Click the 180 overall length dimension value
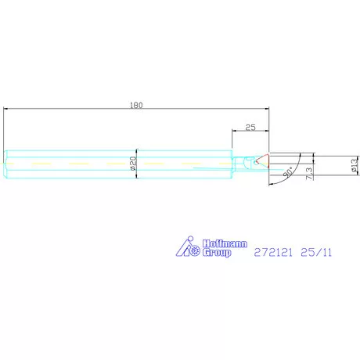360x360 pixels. [x=136, y=105]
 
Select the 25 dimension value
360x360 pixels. [x=250, y=128]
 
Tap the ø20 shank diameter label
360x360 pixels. [x=133, y=164]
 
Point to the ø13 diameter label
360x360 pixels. [x=355, y=165]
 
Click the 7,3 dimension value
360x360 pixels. [x=309, y=173]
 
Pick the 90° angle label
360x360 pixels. [x=288, y=171]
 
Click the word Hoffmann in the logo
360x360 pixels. [x=225, y=244]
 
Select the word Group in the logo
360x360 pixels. [x=217, y=253]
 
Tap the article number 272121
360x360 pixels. [x=273, y=253]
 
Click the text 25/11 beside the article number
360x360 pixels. [x=316, y=253]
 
